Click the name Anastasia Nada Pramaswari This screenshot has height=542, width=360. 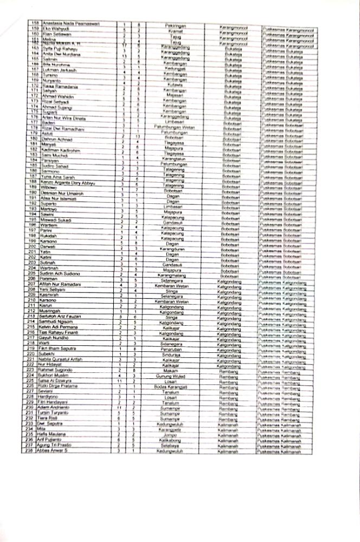pos(70,25)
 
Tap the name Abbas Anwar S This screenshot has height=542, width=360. pos(56,450)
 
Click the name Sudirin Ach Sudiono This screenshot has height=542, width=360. pos(65,274)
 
